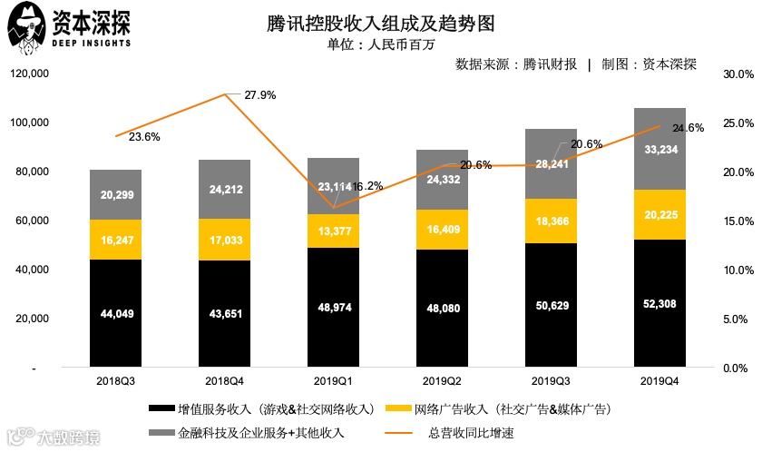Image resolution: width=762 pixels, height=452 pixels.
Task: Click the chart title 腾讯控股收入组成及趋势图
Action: [x=381, y=22]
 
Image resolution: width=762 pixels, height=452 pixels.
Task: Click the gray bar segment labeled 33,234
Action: [x=659, y=149]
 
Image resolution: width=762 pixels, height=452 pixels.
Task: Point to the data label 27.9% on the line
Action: [x=259, y=94]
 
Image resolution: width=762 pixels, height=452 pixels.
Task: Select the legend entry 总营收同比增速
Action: [x=468, y=432]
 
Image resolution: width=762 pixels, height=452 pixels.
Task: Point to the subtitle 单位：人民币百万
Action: [x=380, y=44]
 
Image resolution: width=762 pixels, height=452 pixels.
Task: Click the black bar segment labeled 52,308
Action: [x=659, y=304]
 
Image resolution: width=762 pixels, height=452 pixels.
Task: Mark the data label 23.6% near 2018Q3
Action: [x=144, y=137]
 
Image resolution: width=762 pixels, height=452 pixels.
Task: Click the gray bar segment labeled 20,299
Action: [x=115, y=194]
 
